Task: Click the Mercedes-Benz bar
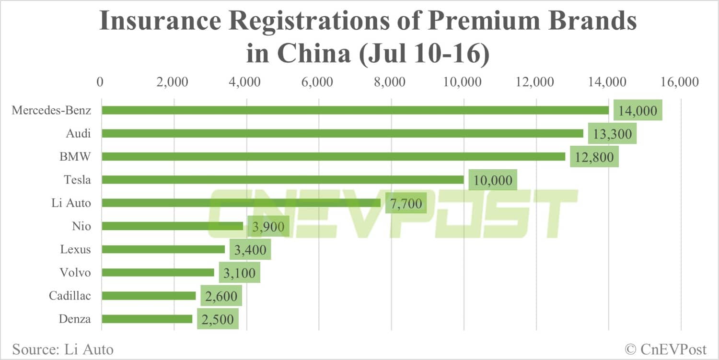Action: click(355, 110)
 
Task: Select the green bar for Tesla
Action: click(283, 180)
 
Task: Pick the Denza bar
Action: click(147, 319)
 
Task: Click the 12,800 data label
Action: click(594, 157)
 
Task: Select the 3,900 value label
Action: click(268, 226)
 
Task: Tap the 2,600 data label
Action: click(221, 296)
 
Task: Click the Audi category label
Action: click(78, 133)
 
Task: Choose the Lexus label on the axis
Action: click(75, 249)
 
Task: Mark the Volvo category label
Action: click(75, 272)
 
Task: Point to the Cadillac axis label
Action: click(70, 296)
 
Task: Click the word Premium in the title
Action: click(484, 22)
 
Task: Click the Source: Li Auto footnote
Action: click(63, 349)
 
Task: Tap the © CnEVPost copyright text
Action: click(665, 349)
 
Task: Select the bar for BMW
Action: click(333, 157)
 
